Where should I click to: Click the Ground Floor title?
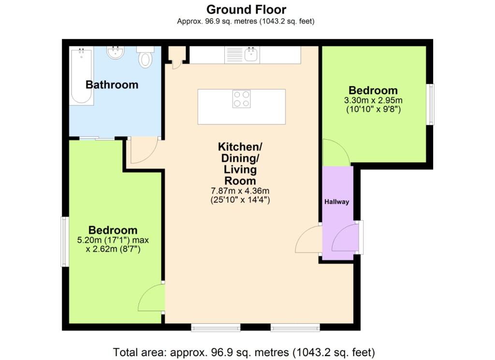tap(246, 10)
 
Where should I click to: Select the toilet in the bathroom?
tap(145, 57)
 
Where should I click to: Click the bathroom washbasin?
tap(115, 53)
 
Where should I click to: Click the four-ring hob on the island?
tap(242, 99)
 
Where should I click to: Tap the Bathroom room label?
tap(112, 85)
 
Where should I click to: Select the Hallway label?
tap(336, 202)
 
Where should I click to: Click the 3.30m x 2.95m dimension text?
tap(373, 101)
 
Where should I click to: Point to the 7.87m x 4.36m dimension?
tap(240, 190)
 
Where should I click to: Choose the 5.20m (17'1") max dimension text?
tap(113, 240)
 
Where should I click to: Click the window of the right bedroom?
tap(430, 104)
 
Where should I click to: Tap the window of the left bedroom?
tap(65, 241)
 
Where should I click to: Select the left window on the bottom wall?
tap(216, 328)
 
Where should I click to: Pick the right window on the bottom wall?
tap(295, 328)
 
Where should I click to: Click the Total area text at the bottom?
tap(244, 352)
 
